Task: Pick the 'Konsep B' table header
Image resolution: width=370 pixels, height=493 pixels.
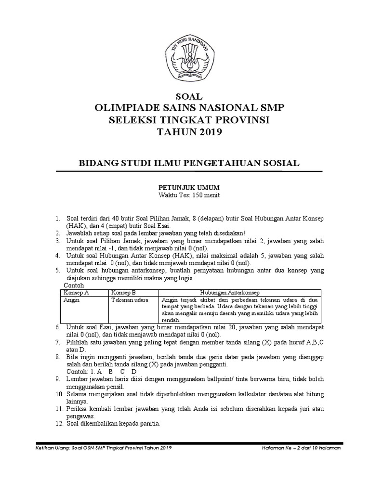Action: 124,292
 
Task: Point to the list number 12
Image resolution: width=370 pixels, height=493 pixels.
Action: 58,424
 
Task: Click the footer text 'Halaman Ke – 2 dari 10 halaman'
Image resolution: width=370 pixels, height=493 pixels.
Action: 298,447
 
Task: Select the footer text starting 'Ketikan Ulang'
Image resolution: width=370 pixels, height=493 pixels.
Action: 104,447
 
